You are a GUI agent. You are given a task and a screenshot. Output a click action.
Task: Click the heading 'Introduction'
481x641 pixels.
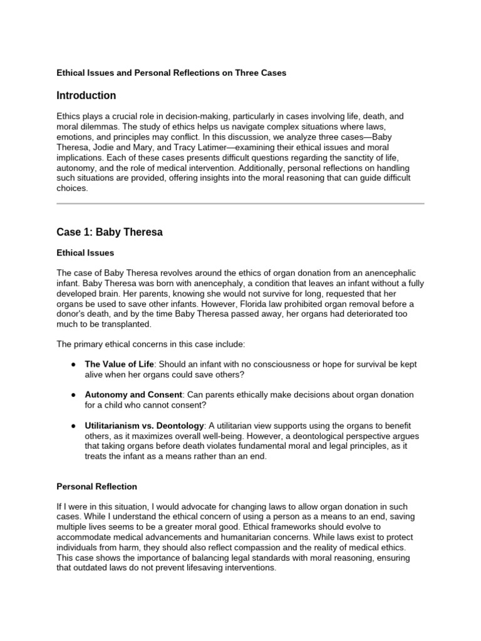click(86, 96)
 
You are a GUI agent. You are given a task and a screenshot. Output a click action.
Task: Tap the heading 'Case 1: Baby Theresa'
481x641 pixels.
click(109, 232)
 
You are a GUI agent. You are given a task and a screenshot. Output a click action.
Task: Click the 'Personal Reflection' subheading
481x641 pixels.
click(96, 486)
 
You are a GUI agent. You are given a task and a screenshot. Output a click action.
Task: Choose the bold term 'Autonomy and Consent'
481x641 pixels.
click(133, 394)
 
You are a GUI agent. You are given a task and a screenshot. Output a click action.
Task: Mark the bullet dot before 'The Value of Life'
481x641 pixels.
click(74, 364)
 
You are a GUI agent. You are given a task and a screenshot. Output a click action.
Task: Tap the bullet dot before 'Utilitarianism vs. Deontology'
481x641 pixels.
click(74, 426)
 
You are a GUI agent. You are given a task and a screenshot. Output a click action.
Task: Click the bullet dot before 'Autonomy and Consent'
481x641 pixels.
click(74, 395)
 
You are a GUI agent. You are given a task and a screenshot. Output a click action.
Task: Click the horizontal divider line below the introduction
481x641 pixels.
click(240, 203)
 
